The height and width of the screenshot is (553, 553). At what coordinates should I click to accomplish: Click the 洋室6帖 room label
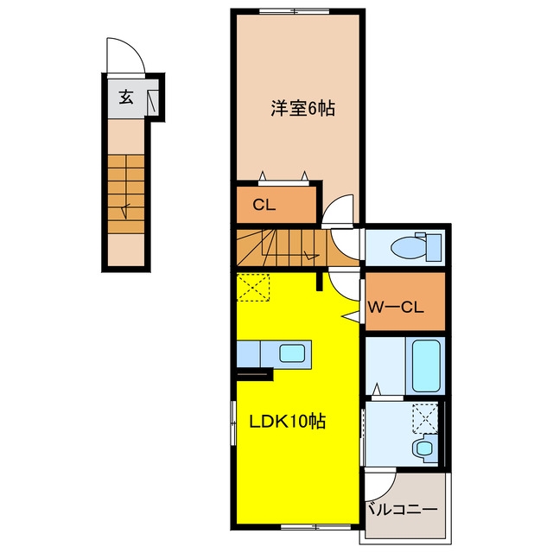[303, 108]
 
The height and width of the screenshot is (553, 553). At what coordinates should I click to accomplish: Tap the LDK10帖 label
[288, 421]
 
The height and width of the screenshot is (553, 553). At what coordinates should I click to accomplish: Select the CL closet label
[264, 205]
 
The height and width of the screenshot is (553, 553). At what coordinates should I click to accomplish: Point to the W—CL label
[396, 308]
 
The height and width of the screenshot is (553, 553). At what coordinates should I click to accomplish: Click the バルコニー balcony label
[402, 509]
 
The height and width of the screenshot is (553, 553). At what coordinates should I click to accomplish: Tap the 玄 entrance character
[126, 97]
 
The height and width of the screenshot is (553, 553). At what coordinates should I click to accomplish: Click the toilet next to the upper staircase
[416, 246]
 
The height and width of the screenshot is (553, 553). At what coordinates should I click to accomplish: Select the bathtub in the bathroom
[426, 365]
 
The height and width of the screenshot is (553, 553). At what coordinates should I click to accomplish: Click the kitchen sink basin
[292, 353]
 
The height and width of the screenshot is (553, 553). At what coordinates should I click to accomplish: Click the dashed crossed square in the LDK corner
[253, 287]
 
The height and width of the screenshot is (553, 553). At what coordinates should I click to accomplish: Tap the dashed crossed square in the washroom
[425, 418]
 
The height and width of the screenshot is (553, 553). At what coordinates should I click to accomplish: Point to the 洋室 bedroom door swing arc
[334, 204]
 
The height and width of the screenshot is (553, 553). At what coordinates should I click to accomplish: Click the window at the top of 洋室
[294, 11]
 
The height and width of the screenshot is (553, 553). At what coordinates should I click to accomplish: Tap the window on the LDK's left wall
[232, 423]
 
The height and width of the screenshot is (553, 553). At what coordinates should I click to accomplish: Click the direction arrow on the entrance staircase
[125, 211]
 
